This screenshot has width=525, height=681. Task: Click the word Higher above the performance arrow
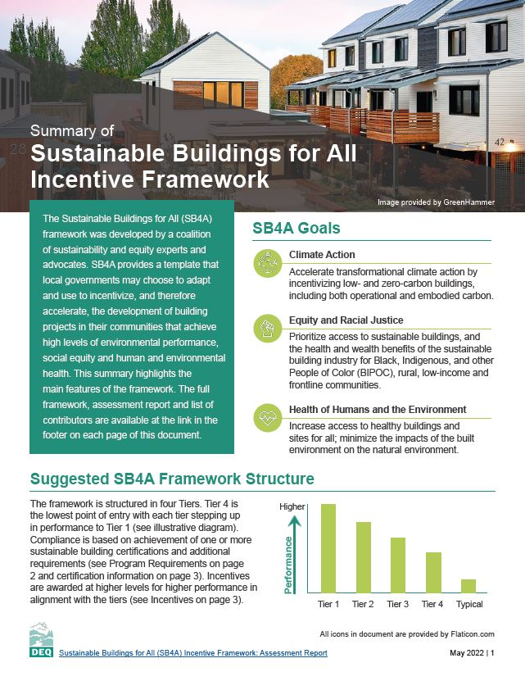[x=292, y=506]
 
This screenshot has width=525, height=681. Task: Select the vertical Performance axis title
[x=288, y=564]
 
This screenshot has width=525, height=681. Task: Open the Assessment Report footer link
[x=194, y=653]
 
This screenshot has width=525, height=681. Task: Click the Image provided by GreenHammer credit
[x=436, y=201]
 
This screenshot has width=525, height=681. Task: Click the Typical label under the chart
[x=468, y=604]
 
